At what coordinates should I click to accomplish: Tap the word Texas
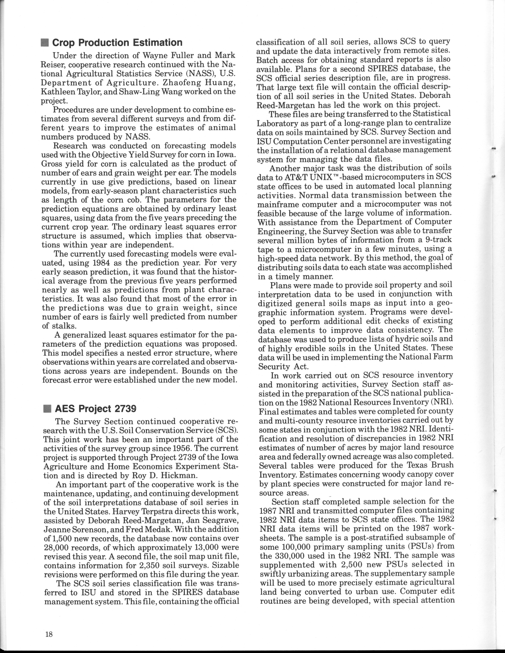click(x=419, y=465)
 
